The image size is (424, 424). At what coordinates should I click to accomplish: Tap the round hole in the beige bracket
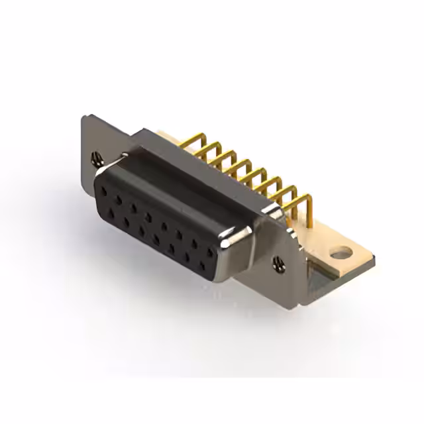tap(340, 252)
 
